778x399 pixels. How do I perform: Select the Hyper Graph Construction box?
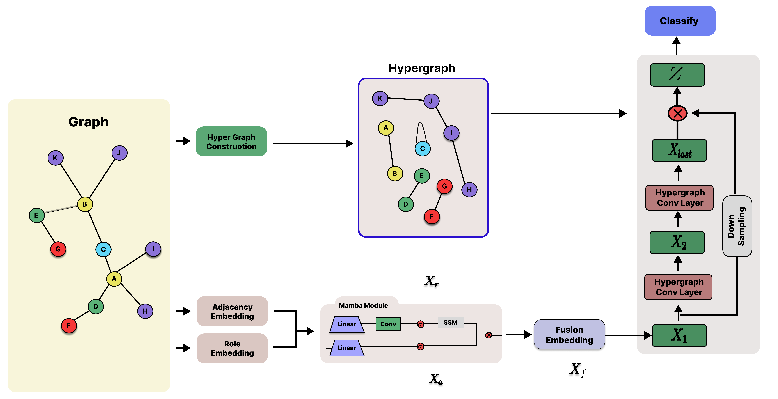231,141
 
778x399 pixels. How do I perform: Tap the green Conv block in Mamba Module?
388,324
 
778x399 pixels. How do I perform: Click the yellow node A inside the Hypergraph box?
386,128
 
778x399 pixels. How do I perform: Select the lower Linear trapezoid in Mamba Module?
346,348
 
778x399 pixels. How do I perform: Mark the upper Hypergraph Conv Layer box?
679,198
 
